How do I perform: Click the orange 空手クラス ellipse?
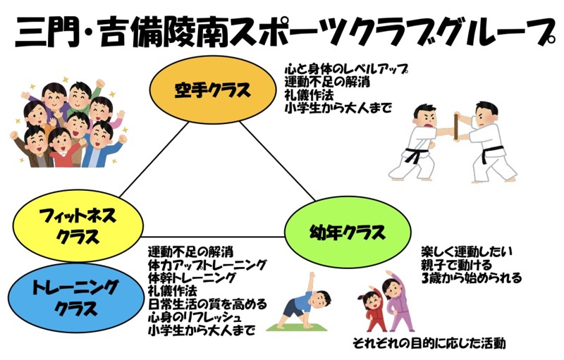click(x=213, y=91)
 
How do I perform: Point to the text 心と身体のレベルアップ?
click(x=346, y=70)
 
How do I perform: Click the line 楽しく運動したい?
click(x=466, y=252)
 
